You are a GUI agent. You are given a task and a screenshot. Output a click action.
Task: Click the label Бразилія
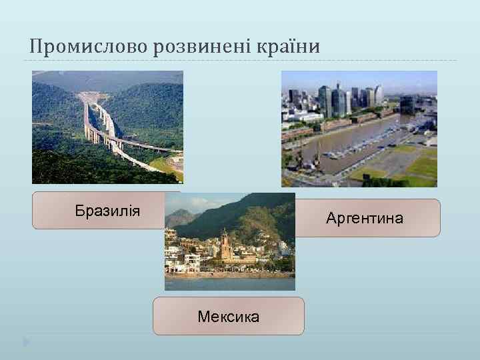click(x=107, y=211)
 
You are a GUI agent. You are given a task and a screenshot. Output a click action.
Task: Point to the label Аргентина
click(x=365, y=218)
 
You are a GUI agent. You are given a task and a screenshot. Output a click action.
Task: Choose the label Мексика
click(x=228, y=317)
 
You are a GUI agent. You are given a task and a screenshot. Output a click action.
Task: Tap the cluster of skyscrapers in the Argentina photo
click(x=337, y=100)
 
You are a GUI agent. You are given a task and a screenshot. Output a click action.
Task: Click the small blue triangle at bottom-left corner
click(x=26, y=343)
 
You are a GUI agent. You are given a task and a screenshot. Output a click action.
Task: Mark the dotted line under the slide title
click(x=240, y=61)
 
